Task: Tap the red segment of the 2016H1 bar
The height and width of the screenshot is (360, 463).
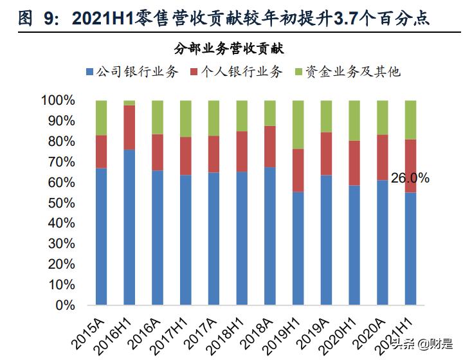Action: tap(129, 127)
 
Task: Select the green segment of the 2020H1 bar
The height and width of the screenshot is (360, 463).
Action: tap(354, 120)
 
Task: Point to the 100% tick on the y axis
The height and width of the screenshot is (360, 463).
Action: tap(58, 100)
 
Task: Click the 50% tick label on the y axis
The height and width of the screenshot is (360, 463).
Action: tap(62, 203)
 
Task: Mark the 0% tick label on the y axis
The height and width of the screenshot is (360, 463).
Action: tap(65, 305)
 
